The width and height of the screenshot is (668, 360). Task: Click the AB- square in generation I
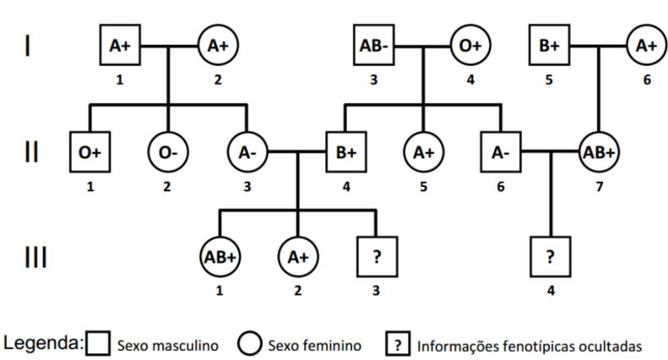point(373,45)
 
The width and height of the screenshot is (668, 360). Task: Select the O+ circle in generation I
point(470,45)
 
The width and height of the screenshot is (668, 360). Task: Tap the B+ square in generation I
point(549,45)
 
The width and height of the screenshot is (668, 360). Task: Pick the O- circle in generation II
point(168,152)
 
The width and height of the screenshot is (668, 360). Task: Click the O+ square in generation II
point(90,152)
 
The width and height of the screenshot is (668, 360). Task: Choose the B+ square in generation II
point(346,152)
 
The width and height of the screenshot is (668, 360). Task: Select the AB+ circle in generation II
point(599,152)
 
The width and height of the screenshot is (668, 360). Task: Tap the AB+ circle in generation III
point(220,257)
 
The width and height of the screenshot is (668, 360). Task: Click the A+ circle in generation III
point(298,257)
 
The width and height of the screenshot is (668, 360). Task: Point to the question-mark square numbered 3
point(377,257)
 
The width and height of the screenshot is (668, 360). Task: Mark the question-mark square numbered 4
point(551,257)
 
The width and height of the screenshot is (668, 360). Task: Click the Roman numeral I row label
point(28,46)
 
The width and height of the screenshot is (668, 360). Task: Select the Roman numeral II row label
point(31,152)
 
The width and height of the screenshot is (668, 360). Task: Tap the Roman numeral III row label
point(35,257)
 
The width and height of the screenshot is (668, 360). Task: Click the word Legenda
point(41,343)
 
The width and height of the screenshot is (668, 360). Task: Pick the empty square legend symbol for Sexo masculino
point(98,343)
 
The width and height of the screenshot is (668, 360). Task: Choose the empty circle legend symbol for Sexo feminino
point(250,343)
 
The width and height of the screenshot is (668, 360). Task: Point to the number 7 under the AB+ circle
point(599,187)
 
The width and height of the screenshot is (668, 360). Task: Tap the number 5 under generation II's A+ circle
point(423,187)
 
